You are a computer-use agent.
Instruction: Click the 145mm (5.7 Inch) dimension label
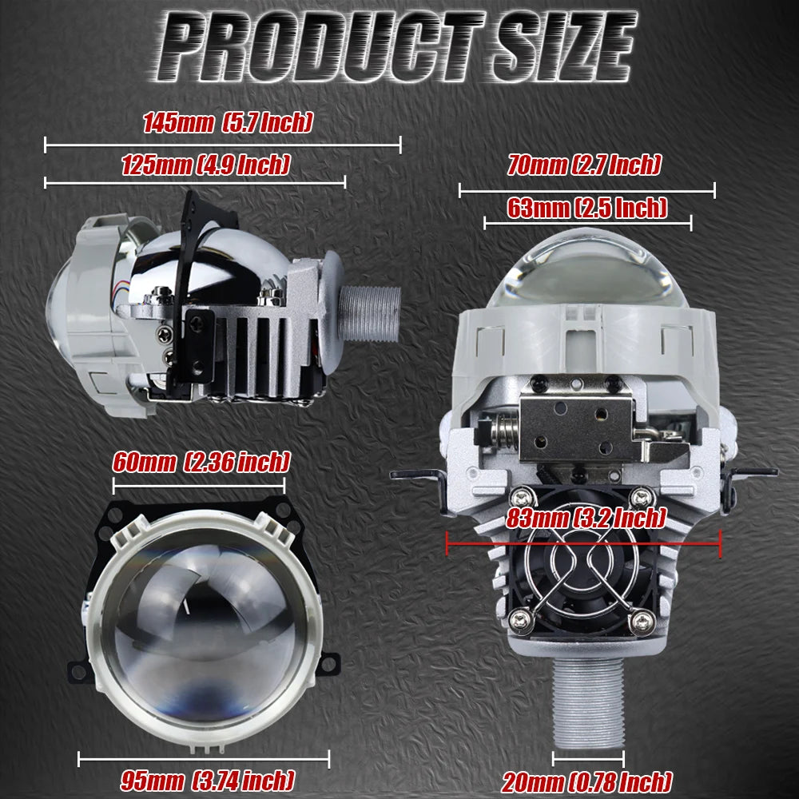coord(227,122)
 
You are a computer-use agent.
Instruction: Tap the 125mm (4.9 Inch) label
coord(206,165)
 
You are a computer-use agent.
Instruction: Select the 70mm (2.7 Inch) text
coord(584,165)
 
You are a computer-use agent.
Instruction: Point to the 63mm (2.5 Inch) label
coord(587,208)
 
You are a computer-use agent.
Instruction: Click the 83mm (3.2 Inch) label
coord(586,519)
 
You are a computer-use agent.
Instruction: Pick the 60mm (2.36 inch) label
coord(201,462)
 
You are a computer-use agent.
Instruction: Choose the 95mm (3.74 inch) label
coord(208,781)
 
